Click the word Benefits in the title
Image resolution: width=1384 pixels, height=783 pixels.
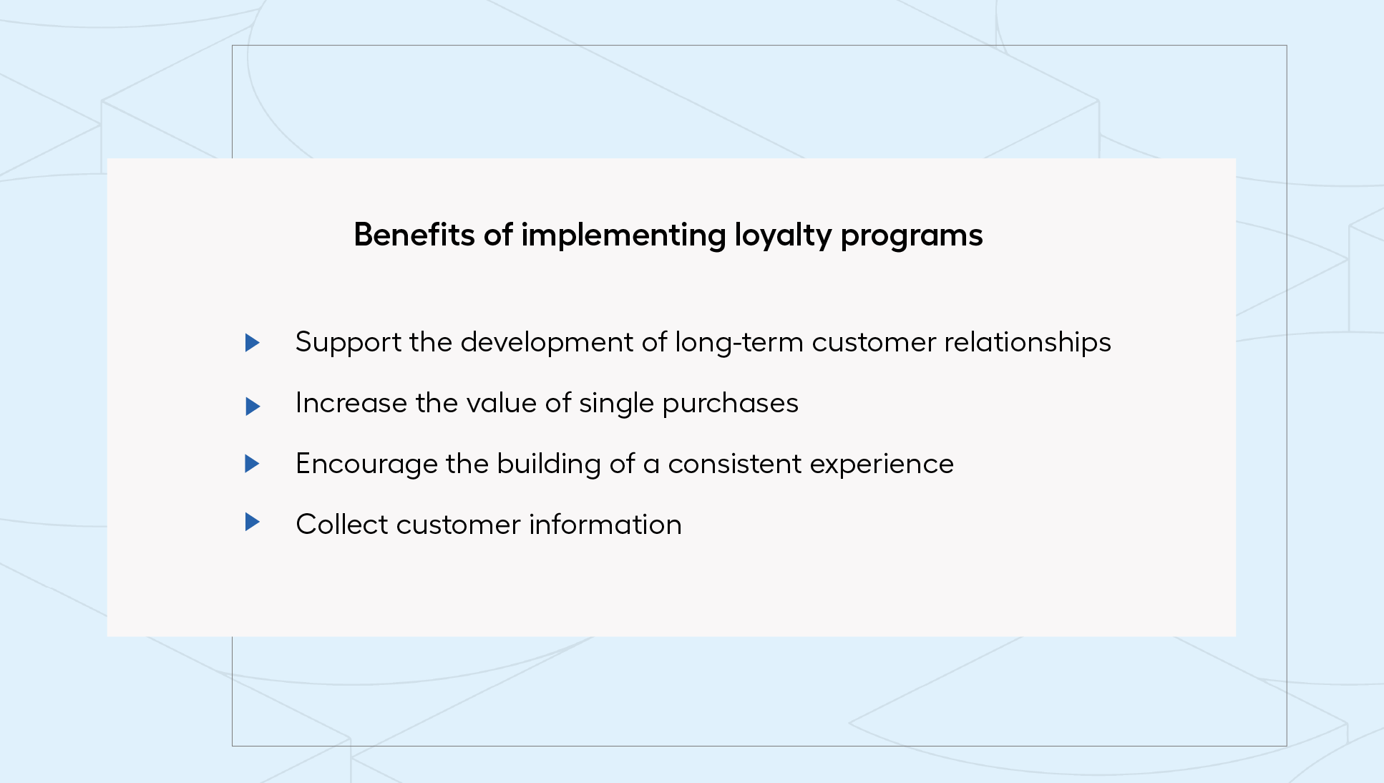pos(414,235)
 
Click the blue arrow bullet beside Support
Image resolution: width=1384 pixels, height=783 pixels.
pos(252,343)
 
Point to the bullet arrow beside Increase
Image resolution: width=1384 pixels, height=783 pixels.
pos(253,407)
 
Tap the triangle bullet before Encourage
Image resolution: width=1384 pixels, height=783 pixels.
pos(252,464)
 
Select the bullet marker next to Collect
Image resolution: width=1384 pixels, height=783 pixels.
pos(252,522)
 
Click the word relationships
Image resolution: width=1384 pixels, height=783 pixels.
pos(1028,343)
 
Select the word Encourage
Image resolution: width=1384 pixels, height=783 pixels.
pos(366,465)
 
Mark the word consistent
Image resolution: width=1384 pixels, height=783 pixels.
pos(735,465)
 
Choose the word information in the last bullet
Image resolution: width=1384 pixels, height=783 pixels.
pos(605,525)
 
